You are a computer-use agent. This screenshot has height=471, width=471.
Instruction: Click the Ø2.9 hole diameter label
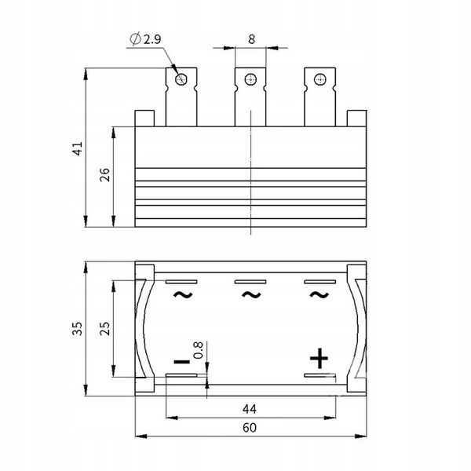pyautogui.click(x=147, y=36)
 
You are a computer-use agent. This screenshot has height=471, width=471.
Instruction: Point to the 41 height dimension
pyautogui.click(x=77, y=149)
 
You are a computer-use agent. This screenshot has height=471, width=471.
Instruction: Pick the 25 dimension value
pyautogui.click(x=105, y=330)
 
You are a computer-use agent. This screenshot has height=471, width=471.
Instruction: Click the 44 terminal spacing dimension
pyautogui.click(x=250, y=408)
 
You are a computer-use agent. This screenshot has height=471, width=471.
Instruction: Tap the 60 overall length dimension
pyautogui.click(x=250, y=429)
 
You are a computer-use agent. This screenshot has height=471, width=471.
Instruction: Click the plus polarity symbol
pyautogui.click(x=318, y=360)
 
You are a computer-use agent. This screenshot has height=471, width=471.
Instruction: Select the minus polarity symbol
pyautogui.click(x=181, y=361)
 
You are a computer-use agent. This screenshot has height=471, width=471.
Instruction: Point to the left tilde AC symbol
pyautogui.click(x=181, y=295)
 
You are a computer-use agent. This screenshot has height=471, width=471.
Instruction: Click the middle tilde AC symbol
pyautogui.click(x=250, y=295)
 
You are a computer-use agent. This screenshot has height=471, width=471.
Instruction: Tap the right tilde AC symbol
pyautogui.click(x=318, y=295)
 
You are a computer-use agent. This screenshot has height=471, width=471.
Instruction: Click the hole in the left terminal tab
pyautogui.click(x=182, y=79)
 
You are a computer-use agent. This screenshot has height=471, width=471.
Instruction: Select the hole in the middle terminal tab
pyautogui.click(x=250, y=79)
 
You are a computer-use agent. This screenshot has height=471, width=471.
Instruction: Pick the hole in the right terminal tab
pyautogui.click(x=319, y=79)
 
